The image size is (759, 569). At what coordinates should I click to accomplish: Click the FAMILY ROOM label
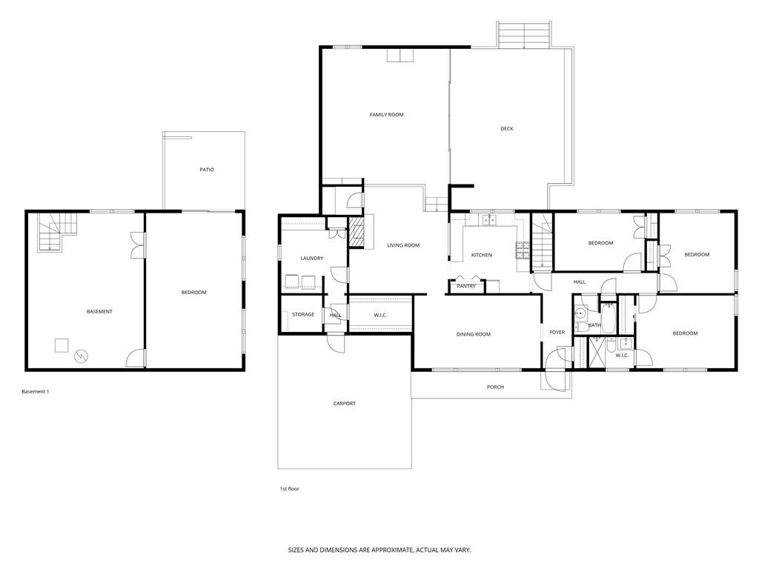(386, 115)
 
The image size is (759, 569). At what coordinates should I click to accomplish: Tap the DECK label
(506, 129)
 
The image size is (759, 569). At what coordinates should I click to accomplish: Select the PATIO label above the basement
(206, 170)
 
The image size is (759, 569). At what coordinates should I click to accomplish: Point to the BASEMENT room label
(99, 312)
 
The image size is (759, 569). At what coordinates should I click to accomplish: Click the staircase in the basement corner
(56, 230)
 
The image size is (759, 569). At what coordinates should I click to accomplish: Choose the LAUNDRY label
(311, 259)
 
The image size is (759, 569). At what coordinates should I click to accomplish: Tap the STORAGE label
(302, 315)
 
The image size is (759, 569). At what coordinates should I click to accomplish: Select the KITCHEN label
(481, 256)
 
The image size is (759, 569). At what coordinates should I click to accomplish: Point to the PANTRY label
(466, 286)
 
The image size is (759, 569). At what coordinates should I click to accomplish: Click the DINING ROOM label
(473, 335)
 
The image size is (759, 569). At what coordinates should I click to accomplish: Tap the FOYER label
(557, 333)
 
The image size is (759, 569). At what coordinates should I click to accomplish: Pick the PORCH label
(495, 387)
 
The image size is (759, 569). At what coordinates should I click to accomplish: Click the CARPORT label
(344, 404)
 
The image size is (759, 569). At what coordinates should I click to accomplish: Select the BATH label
(594, 325)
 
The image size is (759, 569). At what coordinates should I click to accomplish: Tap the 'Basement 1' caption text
(35, 391)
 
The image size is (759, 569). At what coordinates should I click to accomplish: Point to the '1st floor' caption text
(288, 489)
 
